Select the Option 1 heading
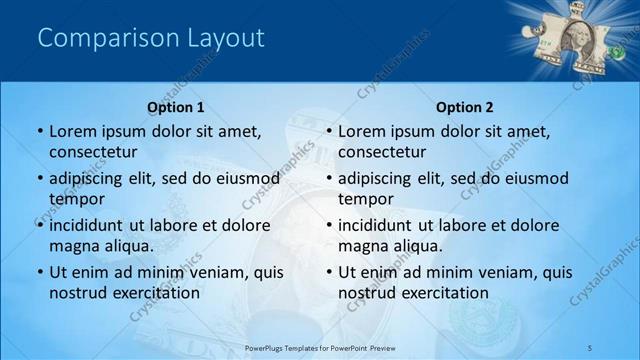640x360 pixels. tap(176, 107)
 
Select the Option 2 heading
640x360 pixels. tap(465, 107)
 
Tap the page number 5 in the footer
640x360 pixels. tap(590, 347)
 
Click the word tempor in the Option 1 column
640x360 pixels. tap(75, 198)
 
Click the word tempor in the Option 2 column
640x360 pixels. tap(365, 198)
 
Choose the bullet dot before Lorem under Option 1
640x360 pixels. tap(39, 132)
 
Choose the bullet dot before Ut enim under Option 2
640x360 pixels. tap(329, 273)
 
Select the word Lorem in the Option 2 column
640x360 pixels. tap(361, 131)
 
